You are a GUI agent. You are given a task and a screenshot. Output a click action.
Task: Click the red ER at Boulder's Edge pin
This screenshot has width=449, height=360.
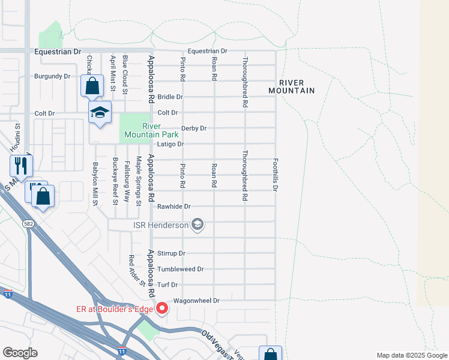pyautogui.click(x=161, y=309)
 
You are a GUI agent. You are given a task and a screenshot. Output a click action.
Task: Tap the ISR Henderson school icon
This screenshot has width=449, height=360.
pyautogui.click(x=197, y=226)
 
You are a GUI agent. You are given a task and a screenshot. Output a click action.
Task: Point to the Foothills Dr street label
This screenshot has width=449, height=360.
pyautogui.click(x=276, y=175)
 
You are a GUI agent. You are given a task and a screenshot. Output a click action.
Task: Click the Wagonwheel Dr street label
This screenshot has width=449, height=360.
pyautogui.click(x=197, y=300)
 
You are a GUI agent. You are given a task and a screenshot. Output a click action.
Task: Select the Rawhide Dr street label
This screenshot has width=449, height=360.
pyautogui.click(x=173, y=206)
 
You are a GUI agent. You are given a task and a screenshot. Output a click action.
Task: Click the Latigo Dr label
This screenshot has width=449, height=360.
pyautogui.click(x=170, y=144)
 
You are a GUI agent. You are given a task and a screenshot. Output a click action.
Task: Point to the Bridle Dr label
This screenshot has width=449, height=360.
pyautogui.click(x=170, y=97)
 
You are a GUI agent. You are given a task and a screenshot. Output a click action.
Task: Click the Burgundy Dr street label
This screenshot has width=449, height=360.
pyautogui.click(x=52, y=76)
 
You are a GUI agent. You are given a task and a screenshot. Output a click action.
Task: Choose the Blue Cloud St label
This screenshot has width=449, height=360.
pyautogui.click(x=125, y=74)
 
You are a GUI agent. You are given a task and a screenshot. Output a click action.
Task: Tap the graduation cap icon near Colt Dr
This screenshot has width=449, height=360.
pyautogui.click(x=100, y=112)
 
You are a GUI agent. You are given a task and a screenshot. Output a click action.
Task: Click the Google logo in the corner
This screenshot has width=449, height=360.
pyautogui.click(x=20, y=353)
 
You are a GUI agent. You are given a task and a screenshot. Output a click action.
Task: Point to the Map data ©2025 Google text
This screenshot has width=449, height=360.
pyautogui.click(x=411, y=355)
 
